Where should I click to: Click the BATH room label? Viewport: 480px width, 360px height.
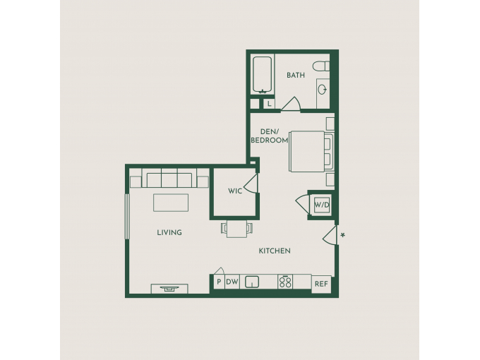point(295,75)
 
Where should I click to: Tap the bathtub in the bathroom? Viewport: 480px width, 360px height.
point(262,75)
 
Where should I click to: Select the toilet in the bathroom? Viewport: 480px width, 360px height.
point(320,66)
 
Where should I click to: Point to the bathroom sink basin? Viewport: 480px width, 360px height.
point(322,90)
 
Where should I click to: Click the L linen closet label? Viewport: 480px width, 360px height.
point(270,104)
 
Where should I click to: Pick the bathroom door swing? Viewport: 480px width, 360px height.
point(291,104)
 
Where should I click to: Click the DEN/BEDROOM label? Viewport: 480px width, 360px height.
point(270,136)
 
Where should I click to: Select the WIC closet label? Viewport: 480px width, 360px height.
point(235,191)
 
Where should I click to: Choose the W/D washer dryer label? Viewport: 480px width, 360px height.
point(322,205)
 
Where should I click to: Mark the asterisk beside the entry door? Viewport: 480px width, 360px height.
point(343,235)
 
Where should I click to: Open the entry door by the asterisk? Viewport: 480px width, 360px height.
point(330,235)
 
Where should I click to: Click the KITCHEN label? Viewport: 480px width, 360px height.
point(275,251)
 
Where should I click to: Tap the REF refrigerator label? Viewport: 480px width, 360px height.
point(321,284)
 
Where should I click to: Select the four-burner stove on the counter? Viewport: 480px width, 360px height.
point(285,282)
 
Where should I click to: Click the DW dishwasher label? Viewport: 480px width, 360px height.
point(232,282)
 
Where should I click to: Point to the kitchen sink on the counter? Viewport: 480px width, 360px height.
point(251,282)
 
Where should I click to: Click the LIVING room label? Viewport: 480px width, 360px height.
point(169,233)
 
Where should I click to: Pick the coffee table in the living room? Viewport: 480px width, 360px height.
point(171,203)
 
